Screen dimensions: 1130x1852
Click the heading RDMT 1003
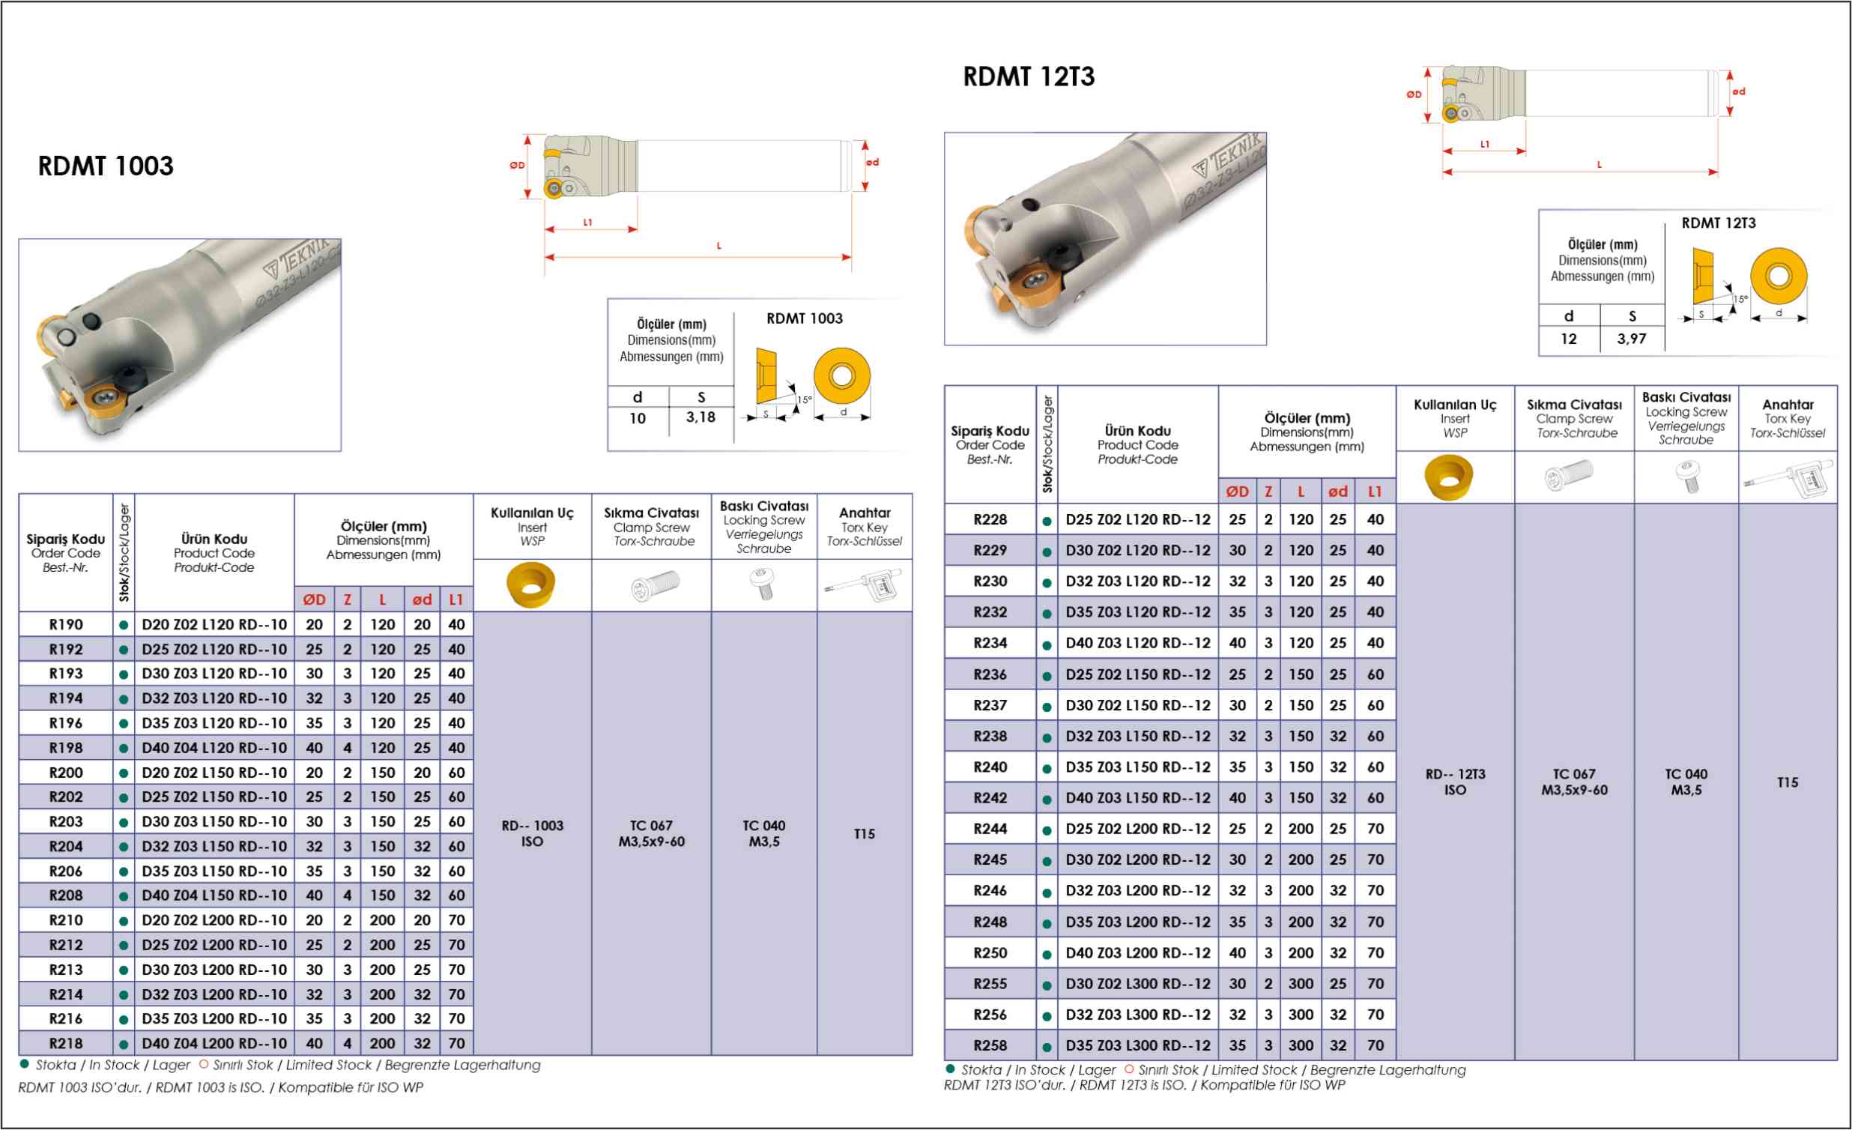pyautogui.click(x=105, y=166)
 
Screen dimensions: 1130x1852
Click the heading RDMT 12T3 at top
pyautogui.click(x=1028, y=76)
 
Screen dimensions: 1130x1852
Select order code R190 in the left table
pyautogui.click(x=66, y=625)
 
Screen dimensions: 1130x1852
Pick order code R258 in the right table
pyautogui.click(x=990, y=1045)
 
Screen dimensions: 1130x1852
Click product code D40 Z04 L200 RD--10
pyautogui.click(x=214, y=1044)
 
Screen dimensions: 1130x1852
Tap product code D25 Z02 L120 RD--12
pyautogui.click(x=1137, y=519)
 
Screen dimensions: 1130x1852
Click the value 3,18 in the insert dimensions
pyautogui.click(x=700, y=417)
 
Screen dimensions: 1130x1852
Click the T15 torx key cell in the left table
pyautogui.click(x=865, y=834)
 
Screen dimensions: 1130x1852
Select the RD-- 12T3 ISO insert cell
pyautogui.click(x=1454, y=782)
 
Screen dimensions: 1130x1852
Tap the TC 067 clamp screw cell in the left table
pyautogui.click(x=651, y=834)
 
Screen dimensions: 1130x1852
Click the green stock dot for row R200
pyautogui.click(x=124, y=773)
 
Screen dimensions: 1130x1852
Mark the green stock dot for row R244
pyautogui.click(x=1047, y=830)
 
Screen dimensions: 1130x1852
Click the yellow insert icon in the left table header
pyautogui.click(x=530, y=584)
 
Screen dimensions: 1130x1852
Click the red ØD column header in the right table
pyautogui.click(x=1237, y=492)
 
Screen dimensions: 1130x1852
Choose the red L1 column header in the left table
pyautogui.click(x=456, y=600)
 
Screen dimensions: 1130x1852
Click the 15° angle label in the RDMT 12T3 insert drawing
pyautogui.click(x=1740, y=298)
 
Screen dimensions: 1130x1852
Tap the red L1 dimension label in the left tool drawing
pyautogui.click(x=588, y=223)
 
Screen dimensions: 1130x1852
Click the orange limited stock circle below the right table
pyautogui.click(x=1128, y=1069)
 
